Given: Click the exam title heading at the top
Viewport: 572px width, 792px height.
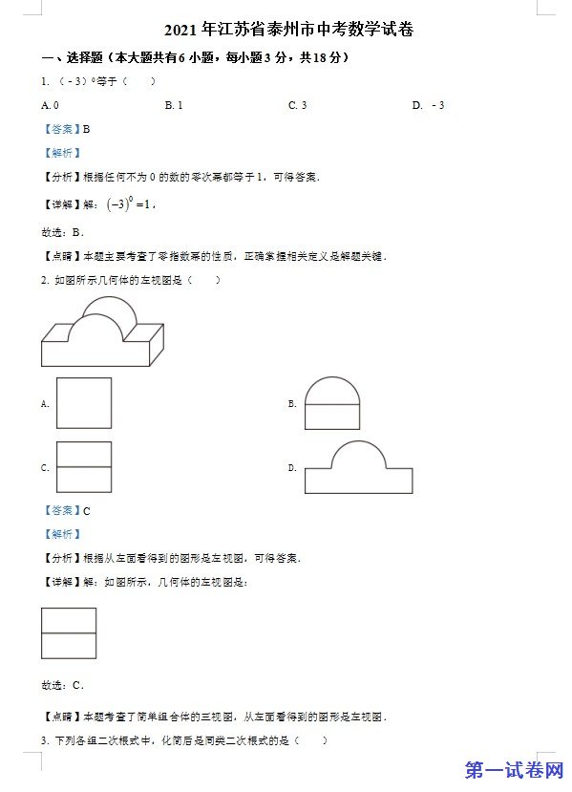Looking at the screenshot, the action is (x=288, y=30).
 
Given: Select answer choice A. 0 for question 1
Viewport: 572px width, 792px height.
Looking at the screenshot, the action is (x=50, y=105).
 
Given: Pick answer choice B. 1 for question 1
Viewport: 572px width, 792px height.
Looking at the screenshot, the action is (x=174, y=105).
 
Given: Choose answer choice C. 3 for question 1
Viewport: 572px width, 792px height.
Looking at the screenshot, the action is (x=297, y=105).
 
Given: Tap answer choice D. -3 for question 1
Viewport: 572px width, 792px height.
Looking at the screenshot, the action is (x=428, y=105).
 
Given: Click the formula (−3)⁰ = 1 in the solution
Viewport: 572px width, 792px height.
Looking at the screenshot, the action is (x=129, y=203).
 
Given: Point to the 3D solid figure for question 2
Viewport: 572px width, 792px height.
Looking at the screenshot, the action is (x=102, y=332).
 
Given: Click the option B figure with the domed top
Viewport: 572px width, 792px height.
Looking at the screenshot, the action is (x=332, y=403).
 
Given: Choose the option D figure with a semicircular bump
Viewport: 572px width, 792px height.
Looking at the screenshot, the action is (x=358, y=467).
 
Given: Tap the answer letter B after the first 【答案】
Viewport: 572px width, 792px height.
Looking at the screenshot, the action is (x=86, y=129).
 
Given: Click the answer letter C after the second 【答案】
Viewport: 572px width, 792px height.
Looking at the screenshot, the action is (x=86, y=511).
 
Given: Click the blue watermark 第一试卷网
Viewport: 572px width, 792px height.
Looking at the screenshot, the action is (x=514, y=770).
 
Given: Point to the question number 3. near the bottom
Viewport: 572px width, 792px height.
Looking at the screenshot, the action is (x=45, y=740).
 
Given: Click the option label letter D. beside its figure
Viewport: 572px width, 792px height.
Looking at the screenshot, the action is (x=292, y=468).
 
